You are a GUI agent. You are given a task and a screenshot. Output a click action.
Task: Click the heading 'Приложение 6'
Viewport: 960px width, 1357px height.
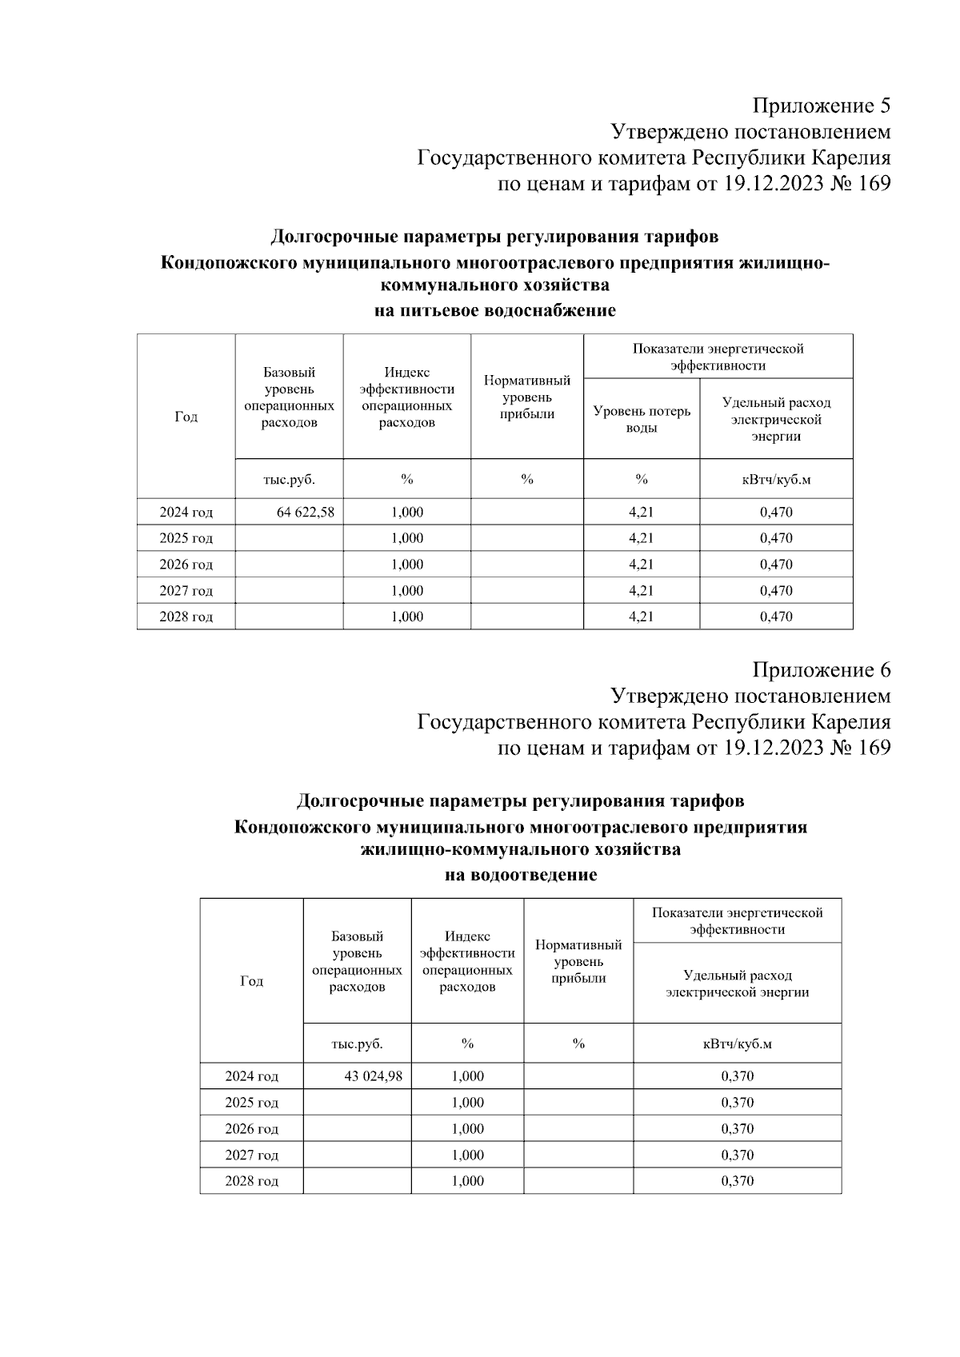821,670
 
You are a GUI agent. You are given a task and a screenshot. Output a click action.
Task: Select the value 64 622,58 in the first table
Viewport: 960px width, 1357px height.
305,513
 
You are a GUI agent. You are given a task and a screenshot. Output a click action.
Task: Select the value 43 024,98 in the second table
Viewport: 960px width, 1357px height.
373,1076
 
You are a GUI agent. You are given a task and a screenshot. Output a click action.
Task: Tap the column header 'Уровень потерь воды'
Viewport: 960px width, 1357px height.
641,420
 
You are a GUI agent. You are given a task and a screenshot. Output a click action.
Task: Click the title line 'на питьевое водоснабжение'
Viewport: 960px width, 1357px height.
495,311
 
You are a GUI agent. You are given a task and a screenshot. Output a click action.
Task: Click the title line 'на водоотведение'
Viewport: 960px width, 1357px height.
521,875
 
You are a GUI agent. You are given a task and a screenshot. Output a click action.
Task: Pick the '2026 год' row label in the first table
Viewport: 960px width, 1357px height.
186,565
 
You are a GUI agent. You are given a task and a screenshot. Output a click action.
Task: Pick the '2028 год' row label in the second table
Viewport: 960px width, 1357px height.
251,1181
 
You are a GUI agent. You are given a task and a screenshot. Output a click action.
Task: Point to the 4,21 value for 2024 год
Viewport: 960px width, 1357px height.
641,513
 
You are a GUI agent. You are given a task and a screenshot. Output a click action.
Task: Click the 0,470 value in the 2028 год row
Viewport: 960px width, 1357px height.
776,617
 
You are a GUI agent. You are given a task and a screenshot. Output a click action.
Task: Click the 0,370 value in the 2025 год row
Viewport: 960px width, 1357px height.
737,1103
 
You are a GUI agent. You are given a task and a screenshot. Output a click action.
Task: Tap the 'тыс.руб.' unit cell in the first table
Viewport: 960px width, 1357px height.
289,480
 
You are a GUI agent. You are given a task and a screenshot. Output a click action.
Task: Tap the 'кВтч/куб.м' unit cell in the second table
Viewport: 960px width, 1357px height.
737,1044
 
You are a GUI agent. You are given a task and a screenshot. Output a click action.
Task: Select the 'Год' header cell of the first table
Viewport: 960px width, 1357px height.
186,417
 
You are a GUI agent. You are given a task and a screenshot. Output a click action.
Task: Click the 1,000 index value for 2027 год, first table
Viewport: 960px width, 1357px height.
407,591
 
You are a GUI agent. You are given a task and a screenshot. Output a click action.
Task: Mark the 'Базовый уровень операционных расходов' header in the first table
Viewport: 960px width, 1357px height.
289,397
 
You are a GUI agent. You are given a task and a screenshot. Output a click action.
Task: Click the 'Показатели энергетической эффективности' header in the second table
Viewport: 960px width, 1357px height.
737,921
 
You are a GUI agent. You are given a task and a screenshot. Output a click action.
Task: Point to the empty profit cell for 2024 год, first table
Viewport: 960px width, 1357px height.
526,513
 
